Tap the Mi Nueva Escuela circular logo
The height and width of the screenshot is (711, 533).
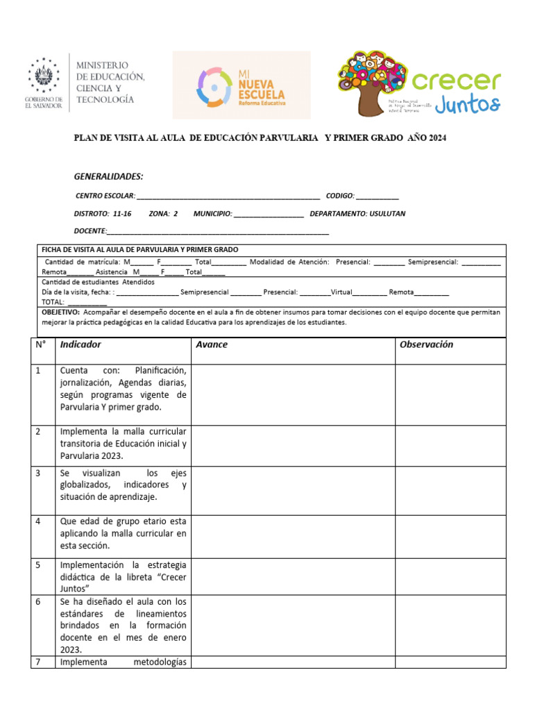coord(214,86)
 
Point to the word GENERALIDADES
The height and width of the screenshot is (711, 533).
coord(108,176)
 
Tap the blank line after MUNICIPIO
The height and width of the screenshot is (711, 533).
coord(269,215)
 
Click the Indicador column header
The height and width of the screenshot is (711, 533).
coord(81,344)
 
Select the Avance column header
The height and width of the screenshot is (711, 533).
coord(212,344)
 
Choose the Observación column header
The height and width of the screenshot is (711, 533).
coord(426,344)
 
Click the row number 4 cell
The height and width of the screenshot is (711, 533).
coord(38,521)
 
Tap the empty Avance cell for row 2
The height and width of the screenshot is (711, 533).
coord(293,445)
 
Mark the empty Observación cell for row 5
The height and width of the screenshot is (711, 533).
coord(450,577)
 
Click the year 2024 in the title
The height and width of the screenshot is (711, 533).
coord(438,138)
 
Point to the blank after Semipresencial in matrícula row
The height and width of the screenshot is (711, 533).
coord(481,262)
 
